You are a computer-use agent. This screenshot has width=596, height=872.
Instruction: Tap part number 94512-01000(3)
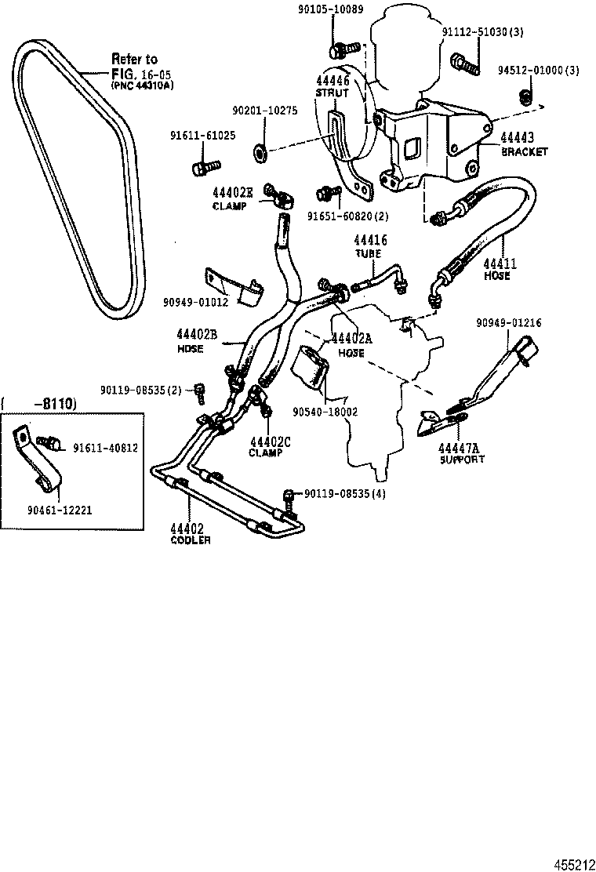538,71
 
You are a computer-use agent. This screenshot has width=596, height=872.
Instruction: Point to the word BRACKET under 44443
525,152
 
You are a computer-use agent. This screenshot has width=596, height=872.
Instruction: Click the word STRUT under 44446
332,93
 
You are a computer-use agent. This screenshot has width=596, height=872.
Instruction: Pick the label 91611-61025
202,135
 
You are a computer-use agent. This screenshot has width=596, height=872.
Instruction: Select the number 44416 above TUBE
370,241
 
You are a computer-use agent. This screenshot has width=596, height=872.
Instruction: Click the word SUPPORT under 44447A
462,459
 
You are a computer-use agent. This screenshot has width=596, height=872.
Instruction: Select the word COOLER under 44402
190,540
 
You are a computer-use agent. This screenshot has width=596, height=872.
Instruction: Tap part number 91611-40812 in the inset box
105,448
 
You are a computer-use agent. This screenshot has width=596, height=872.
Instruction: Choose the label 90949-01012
196,301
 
